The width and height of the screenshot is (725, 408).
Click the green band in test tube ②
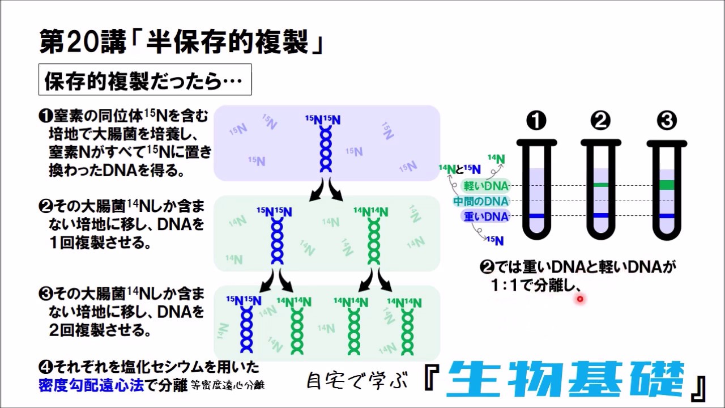(x=601, y=185)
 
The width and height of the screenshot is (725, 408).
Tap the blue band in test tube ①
(x=536, y=216)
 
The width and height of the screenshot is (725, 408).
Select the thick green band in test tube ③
(x=667, y=185)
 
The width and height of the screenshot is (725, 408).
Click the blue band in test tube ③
(x=667, y=216)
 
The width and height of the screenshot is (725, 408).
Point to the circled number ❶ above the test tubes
(x=536, y=121)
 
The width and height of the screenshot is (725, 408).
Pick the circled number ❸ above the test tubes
(x=667, y=121)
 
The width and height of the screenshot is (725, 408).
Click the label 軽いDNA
(x=486, y=186)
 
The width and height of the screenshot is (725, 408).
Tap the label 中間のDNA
(x=481, y=201)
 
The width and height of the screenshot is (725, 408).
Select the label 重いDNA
(x=486, y=216)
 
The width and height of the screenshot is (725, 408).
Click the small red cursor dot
(x=580, y=299)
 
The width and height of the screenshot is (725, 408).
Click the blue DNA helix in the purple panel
(x=326, y=149)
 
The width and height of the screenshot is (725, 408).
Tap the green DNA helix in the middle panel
(x=374, y=241)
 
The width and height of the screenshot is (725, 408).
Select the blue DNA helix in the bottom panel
(x=246, y=330)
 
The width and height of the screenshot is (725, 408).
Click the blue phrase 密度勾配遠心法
(x=91, y=385)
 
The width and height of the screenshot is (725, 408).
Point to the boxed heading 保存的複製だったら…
(x=145, y=80)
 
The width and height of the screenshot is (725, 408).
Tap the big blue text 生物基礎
(x=566, y=379)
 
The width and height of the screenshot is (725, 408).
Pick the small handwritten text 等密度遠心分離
(x=228, y=385)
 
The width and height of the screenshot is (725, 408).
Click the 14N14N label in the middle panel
(x=370, y=212)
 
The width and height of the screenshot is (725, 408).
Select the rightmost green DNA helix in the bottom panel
(x=407, y=331)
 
